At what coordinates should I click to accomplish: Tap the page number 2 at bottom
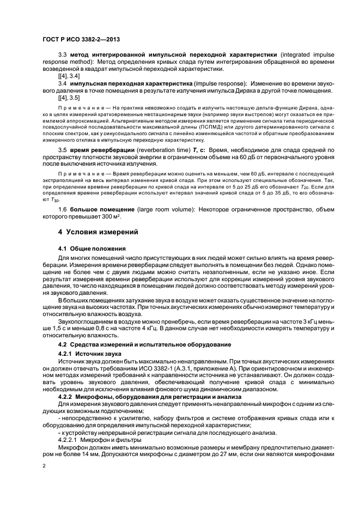pyautogui.click(x=44, y=466)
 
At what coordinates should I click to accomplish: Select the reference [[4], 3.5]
pyautogui.click(x=69, y=98)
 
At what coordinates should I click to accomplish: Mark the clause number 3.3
pyautogui.click(x=62, y=55)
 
